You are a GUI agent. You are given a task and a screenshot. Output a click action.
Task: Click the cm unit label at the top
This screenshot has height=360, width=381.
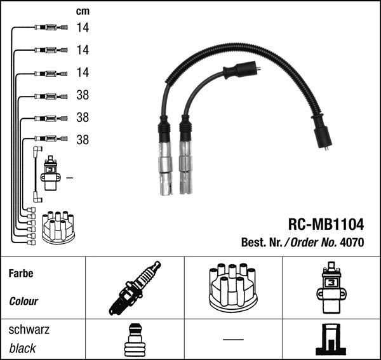pyautogui.click(x=83, y=11)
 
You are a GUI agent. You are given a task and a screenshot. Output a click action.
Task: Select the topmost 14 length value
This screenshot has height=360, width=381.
pyautogui.click(x=83, y=27)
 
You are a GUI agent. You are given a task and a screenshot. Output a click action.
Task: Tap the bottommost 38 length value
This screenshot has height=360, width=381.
pyautogui.click(x=83, y=140)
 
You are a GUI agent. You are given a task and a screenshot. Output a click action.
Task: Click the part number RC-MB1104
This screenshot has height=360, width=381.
pyautogui.click(x=326, y=224)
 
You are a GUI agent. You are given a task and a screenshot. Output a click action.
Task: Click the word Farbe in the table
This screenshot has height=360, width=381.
pyautogui.click(x=21, y=274)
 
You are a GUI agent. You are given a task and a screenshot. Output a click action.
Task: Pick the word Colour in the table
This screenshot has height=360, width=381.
pyautogui.click(x=23, y=302)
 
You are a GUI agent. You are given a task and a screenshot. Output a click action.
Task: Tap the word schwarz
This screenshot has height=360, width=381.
pyautogui.click(x=29, y=331)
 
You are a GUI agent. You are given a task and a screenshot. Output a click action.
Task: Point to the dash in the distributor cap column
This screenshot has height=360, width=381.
pyautogui.click(x=233, y=340)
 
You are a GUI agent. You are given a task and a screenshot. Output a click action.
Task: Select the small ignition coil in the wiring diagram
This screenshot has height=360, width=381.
pyautogui.click(x=50, y=173)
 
